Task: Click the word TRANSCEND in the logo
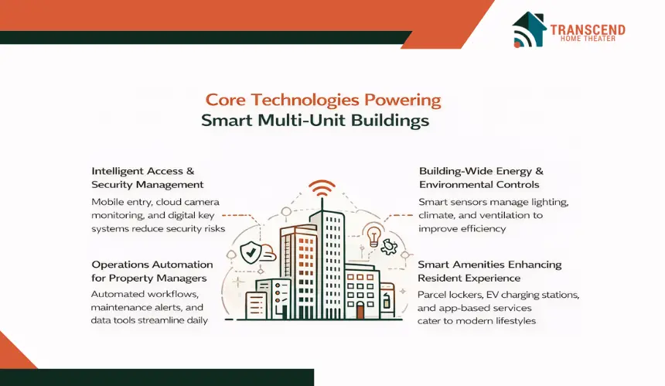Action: coord(588,29)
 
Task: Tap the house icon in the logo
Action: coord(529,29)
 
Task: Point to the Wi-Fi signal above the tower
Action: coord(322,188)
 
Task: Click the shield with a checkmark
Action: coord(251,252)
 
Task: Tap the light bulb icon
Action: coord(373,236)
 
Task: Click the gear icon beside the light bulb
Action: coord(388,246)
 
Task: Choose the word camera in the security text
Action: coord(203,202)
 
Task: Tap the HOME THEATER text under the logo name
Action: coord(588,39)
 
